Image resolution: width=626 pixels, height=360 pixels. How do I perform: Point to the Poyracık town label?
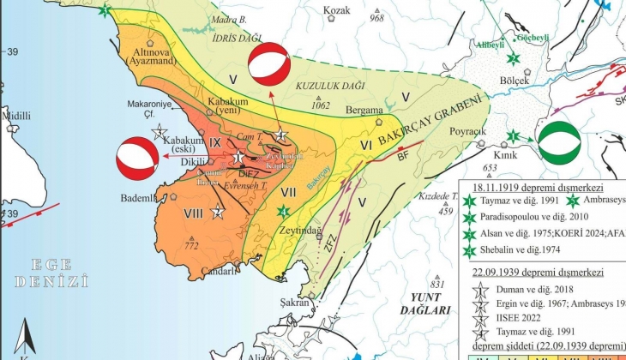467,132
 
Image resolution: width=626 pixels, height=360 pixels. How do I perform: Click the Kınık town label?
515,154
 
